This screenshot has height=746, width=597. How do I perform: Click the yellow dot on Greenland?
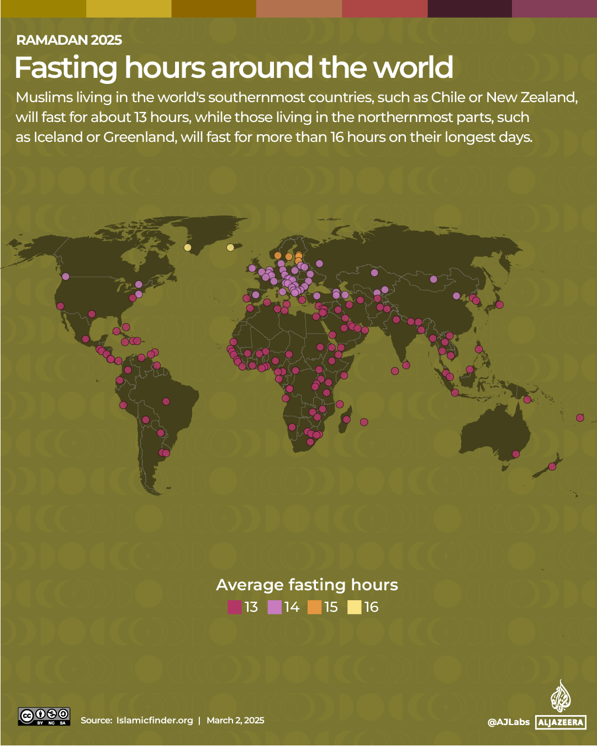(188, 247)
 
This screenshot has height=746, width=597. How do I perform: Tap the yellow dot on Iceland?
(230, 247)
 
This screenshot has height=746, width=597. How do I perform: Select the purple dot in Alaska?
(66, 277)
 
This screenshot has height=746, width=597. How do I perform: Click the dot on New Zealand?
(552, 467)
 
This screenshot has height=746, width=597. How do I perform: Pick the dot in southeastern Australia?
(516, 454)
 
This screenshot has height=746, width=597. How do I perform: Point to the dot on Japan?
(499, 304)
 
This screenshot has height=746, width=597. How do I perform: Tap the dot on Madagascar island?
(346, 420)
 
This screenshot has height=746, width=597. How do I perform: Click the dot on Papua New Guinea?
(527, 399)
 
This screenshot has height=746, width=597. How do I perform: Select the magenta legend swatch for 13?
(235, 607)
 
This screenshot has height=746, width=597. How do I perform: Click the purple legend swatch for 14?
(274, 607)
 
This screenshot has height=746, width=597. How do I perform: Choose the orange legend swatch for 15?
(315, 607)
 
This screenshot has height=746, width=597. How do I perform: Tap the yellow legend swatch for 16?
(355, 607)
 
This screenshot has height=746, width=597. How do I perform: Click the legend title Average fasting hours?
(307, 585)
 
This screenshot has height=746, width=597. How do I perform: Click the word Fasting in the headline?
(66, 68)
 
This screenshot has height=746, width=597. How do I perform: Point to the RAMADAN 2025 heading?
(69, 40)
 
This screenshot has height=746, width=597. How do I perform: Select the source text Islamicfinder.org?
(155, 720)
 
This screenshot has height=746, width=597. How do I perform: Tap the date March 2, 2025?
(235, 720)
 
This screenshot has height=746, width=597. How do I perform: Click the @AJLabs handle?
(508, 722)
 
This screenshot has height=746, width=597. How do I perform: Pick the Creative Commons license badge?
(44, 716)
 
